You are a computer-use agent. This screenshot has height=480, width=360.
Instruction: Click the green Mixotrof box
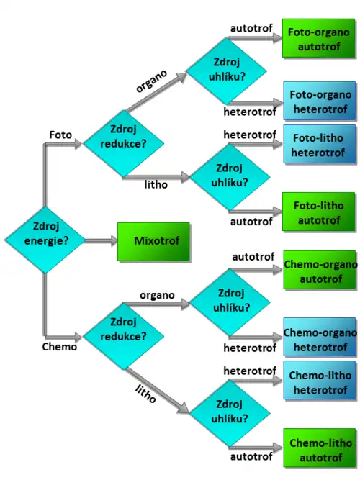(x=153, y=242)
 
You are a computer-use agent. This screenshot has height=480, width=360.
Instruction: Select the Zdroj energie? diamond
(x=45, y=240)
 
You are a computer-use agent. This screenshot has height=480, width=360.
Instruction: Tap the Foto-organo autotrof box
(x=318, y=38)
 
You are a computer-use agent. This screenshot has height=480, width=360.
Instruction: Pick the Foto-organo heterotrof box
(x=320, y=101)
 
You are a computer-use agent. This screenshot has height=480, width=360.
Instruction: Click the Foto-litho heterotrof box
(x=320, y=144)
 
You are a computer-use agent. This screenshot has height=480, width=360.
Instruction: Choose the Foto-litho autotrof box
(x=318, y=212)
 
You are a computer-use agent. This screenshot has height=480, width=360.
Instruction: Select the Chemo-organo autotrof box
(x=320, y=270)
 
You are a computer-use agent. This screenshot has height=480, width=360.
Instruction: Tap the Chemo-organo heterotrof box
(x=320, y=337)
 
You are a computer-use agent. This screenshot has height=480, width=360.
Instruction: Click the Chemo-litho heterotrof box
(x=320, y=381)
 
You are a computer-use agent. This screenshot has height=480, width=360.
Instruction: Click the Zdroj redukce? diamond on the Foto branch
(x=123, y=143)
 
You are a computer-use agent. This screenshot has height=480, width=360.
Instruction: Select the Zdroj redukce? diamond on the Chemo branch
(x=123, y=336)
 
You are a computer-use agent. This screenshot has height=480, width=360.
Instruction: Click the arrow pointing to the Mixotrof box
(x=101, y=241)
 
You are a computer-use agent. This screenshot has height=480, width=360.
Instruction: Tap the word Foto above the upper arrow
(x=60, y=135)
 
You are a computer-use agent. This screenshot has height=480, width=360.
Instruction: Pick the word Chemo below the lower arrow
(x=60, y=347)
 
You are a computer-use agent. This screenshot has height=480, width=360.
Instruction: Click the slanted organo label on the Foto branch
(x=151, y=81)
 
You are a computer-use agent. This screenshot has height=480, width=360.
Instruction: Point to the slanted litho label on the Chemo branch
(x=146, y=394)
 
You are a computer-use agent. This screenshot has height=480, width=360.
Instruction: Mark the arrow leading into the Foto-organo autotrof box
(x=255, y=38)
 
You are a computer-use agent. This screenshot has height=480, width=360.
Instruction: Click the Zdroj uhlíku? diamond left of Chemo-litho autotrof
(x=230, y=412)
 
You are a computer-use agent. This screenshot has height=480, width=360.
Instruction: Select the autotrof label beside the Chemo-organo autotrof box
(x=253, y=257)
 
